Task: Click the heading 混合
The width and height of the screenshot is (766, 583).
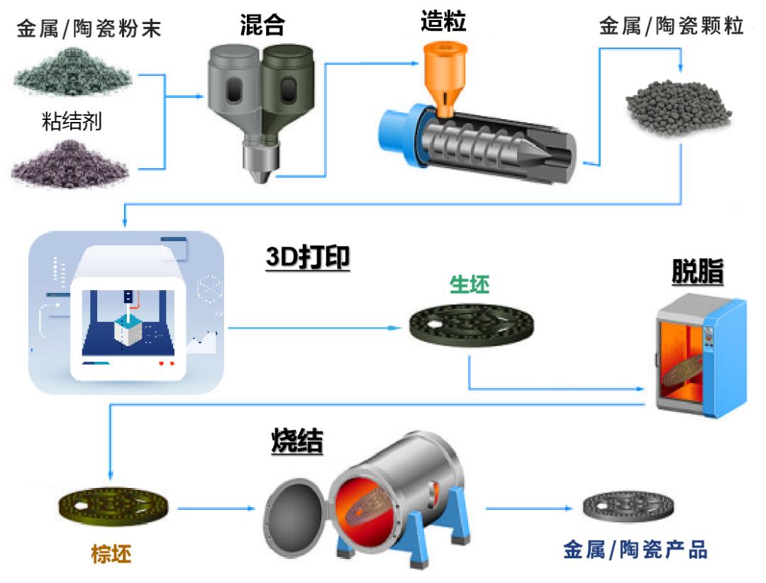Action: coord(262,24)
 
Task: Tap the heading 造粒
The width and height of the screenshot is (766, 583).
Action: coord(443,21)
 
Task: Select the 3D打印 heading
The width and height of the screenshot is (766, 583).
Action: coord(308,257)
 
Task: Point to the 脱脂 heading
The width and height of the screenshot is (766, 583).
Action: coord(698,272)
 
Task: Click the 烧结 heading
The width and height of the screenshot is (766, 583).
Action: coord(297,440)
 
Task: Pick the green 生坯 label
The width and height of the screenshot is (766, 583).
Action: coord(470,284)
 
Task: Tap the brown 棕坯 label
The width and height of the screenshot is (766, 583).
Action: coord(111,554)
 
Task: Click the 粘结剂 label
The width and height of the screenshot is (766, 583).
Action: coord(72,121)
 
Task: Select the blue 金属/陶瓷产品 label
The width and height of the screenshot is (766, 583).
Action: coord(635,550)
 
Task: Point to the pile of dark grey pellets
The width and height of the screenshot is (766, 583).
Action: coord(679,109)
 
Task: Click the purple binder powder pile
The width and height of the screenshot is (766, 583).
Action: coord(70,165)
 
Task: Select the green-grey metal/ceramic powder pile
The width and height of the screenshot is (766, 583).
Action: coord(73,72)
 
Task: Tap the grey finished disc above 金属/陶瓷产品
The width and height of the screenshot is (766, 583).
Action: coord(628,507)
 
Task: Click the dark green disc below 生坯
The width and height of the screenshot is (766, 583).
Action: coord(472,325)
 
